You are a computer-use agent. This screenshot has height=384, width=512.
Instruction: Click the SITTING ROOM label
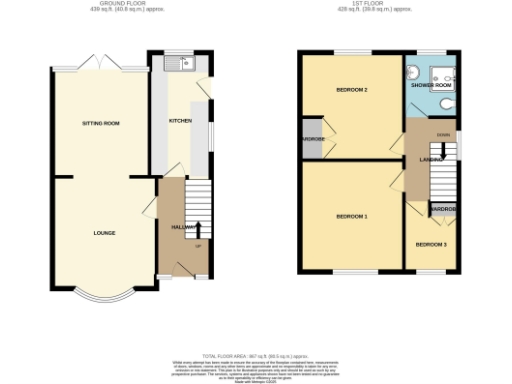(101, 123)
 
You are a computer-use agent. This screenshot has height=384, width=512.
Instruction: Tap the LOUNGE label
(104, 233)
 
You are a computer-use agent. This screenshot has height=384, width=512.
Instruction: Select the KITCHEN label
(180, 121)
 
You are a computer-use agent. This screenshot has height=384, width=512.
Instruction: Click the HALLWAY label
(183, 227)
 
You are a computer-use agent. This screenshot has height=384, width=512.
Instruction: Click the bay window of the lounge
(104, 295)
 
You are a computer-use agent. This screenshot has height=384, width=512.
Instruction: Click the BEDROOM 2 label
(351, 91)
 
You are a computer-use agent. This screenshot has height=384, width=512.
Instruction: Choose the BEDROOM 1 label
(351, 216)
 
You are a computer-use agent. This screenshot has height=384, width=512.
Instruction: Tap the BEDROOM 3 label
(431, 244)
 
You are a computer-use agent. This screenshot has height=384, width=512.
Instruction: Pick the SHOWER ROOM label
(431, 86)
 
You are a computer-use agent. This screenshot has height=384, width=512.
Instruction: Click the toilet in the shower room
(413, 71)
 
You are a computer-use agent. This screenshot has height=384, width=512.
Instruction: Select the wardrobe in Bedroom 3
(443, 209)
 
